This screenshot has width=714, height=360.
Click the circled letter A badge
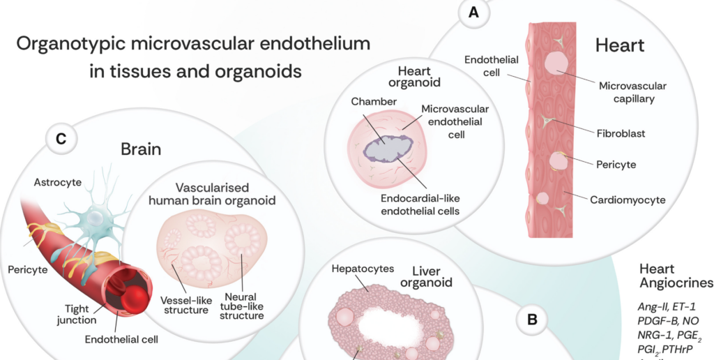[x=475, y=13]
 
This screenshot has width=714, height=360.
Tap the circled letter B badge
[x=532, y=320]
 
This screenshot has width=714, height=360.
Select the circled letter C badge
[x=61, y=140]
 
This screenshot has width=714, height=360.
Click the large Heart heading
[x=620, y=47]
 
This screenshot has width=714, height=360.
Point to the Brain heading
[x=142, y=149]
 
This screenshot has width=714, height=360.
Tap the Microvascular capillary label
[x=632, y=92]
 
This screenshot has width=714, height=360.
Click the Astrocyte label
[x=58, y=182]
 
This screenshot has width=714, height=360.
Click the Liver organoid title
[x=432, y=276]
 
